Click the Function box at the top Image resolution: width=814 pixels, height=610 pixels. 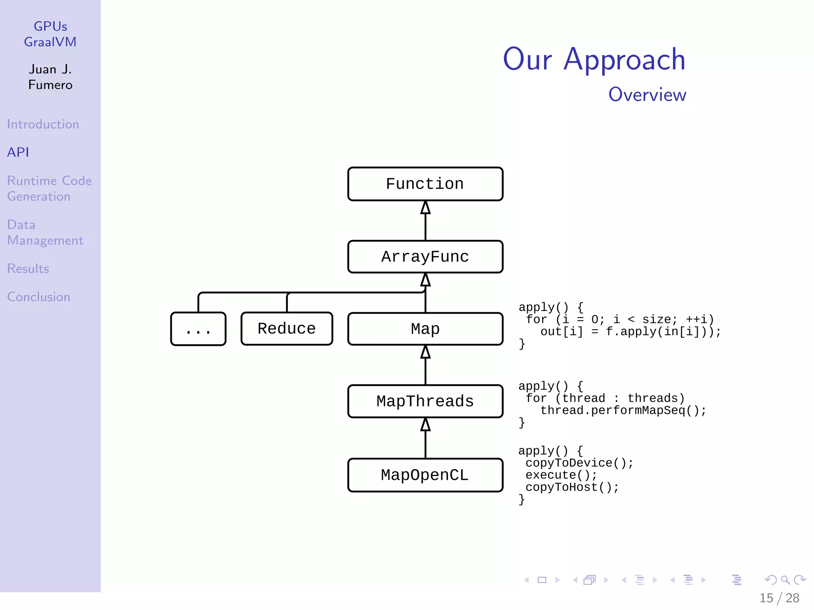pos(425,184)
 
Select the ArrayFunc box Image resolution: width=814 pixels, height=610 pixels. pos(425,257)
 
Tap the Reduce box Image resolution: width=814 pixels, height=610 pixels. pos(287,328)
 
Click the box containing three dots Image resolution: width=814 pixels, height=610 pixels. pos(198,329)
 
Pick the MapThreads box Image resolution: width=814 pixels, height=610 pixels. pos(425,401)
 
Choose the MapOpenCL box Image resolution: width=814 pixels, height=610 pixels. pos(425,475)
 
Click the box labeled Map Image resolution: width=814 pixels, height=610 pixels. pos(425,329)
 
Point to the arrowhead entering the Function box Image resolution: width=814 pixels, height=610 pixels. pos(425,207)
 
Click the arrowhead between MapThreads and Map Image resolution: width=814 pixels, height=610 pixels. pos(425,352)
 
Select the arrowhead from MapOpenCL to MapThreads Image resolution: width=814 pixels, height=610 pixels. pos(425,425)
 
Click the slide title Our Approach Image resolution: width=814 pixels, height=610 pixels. pos(594,60)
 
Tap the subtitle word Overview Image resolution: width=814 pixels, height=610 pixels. pos(647,95)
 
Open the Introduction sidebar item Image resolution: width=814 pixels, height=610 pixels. pos(43,124)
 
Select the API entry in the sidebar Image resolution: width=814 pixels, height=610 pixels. pos(18,152)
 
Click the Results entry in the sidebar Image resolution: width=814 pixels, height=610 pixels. pos(28,269)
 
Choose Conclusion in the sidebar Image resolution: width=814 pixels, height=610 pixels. pos(39,297)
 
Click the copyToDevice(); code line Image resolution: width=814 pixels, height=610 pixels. pos(579,463)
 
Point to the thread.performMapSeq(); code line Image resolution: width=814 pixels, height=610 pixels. pos(623,410)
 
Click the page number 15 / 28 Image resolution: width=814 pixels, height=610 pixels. pos(779,598)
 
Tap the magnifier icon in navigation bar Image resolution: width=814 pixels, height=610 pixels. pos(785,580)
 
